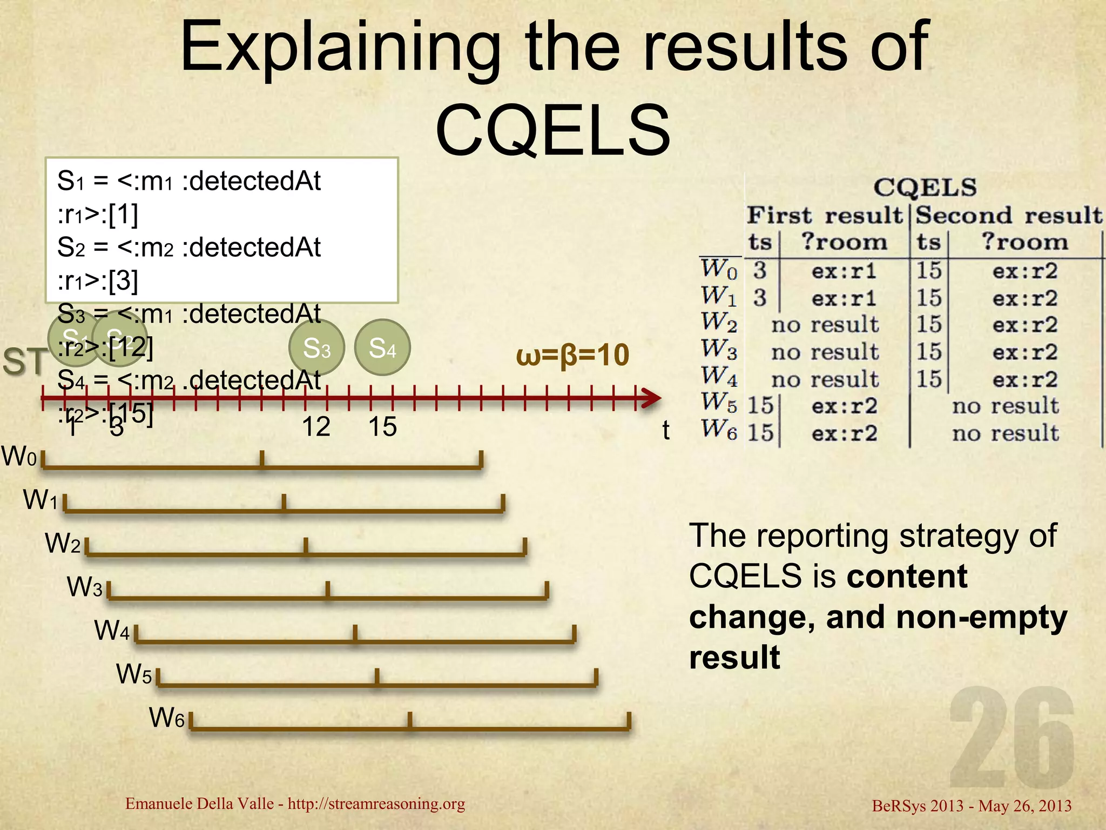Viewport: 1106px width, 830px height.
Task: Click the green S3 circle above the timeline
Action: [316, 347]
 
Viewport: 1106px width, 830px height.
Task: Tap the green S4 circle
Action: [382, 347]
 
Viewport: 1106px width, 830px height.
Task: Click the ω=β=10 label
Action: [572, 355]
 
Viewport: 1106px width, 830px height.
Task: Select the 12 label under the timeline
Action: [316, 427]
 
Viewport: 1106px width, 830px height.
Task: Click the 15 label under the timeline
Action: [382, 427]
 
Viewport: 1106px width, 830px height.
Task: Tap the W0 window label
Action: [19, 457]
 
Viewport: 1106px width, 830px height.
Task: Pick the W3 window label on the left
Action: [84, 587]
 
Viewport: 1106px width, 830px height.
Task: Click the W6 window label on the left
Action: [167, 718]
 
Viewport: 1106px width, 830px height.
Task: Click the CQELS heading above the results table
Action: [925, 188]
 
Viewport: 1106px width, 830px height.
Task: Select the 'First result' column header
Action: [824, 216]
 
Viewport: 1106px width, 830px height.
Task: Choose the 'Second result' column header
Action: [1008, 216]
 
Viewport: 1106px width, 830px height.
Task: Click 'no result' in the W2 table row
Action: [825, 325]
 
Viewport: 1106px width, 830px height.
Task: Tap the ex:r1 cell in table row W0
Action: [844, 271]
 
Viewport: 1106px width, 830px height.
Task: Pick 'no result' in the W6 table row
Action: [1005, 433]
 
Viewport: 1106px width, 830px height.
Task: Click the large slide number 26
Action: [1011, 737]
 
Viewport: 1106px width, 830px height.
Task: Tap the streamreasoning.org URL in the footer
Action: [376, 804]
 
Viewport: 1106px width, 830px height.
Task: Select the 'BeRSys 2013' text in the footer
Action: [918, 806]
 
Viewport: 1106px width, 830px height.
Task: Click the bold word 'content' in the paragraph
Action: [907, 576]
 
